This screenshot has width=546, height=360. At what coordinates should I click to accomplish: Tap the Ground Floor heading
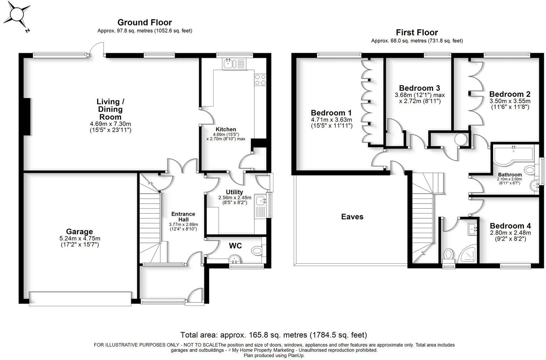(144, 23)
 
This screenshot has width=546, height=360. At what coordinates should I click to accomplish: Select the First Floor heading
(417, 32)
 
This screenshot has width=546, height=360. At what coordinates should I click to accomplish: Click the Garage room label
(79, 231)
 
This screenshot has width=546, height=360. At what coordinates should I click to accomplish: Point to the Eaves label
(352, 217)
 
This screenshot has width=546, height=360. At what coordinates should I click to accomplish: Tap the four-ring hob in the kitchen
(260, 79)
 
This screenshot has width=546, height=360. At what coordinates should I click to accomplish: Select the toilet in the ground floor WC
(257, 251)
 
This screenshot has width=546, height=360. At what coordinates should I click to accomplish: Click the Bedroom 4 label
(510, 226)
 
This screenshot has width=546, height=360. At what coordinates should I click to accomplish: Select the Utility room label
(234, 192)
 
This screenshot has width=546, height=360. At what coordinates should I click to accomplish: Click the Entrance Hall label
(183, 216)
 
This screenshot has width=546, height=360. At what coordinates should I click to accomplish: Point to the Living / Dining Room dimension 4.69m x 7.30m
(110, 124)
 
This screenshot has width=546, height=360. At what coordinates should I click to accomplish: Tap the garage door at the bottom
(80, 299)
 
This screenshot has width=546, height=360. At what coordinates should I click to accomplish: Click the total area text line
(273, 335)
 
